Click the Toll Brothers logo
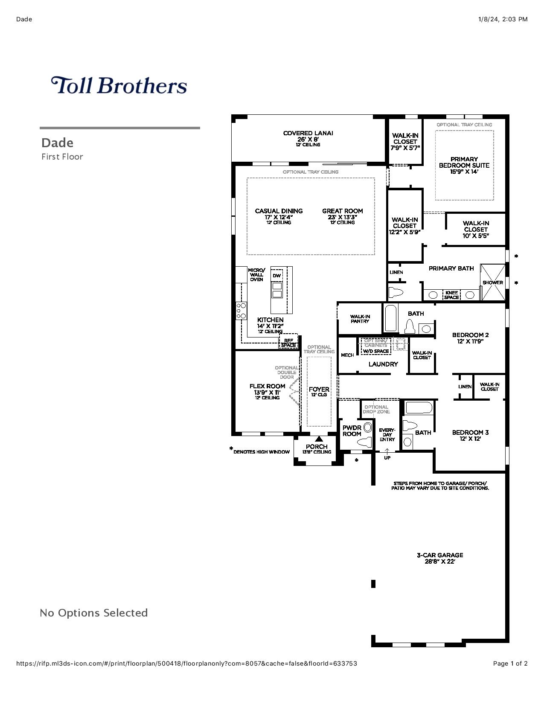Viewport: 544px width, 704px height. click(119, 85)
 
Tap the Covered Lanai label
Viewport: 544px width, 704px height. click(308, 133)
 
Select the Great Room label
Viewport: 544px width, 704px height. click(343, 211)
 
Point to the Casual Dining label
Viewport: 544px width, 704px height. click(279, 211)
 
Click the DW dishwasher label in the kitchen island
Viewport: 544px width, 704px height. click(276, 276)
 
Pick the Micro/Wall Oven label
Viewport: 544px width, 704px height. click(256, 275)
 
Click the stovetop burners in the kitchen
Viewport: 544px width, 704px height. click(241, 311)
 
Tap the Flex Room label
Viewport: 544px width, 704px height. click(267, 386)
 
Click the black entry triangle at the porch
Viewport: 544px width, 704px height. click(319, 439)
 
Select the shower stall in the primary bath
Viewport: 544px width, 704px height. click(492, 282)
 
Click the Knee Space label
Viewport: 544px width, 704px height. click(451, 295)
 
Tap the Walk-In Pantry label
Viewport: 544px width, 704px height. click(360, 319)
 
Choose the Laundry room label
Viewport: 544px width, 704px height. click(383, 364)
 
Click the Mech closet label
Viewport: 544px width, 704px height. click(347, 355)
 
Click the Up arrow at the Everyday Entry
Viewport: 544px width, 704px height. click(387, 451)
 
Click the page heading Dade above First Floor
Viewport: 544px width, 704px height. click(57, 143)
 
